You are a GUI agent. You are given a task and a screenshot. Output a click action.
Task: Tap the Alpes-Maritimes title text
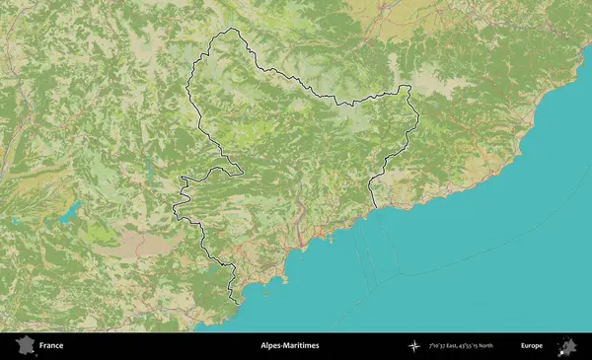[289, 346]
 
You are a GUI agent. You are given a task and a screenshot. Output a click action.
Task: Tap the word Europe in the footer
[532, 346]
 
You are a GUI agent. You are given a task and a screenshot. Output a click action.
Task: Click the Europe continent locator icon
[567, 346]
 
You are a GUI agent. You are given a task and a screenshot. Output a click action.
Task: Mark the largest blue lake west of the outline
[70, 210]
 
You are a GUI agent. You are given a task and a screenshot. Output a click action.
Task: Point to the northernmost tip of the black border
[233, 30]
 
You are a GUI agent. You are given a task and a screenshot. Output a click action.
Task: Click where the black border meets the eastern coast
[377, 207]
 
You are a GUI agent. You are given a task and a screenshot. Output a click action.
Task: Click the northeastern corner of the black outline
[407, 87]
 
